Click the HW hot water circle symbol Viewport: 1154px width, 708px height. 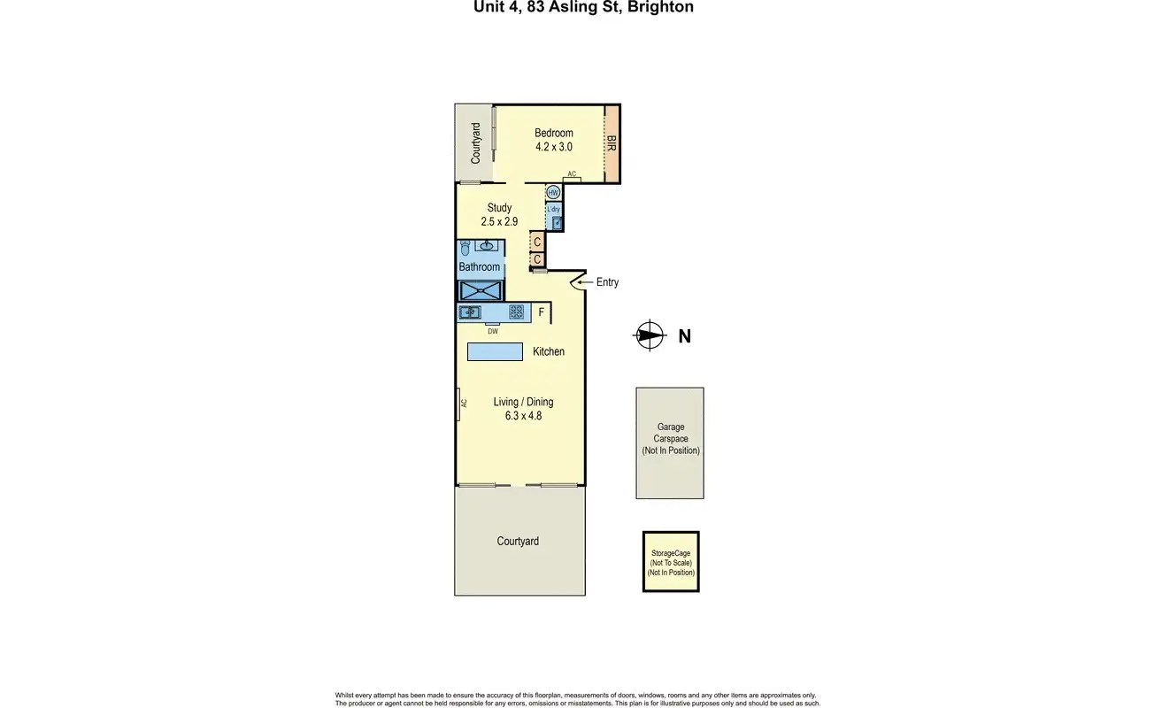tap(553, 193)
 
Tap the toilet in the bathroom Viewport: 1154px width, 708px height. tap(465, 248)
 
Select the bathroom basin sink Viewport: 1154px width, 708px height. tap(487, 246)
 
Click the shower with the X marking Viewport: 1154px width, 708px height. tap(481, 290)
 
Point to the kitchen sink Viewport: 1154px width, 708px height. tap(470, 312)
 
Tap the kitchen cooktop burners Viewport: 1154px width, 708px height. tap(516, 312)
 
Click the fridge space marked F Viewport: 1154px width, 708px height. tap(541, 312)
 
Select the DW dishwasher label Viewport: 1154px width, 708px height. tap(493, 331)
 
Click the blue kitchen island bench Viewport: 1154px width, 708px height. tap(495, 351)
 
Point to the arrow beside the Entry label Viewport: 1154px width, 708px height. tap(585, 282)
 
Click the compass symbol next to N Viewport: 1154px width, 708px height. tap(650, 335)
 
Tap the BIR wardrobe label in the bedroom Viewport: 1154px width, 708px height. tap(612, 143)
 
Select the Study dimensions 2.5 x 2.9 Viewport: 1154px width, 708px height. tap(499, 221)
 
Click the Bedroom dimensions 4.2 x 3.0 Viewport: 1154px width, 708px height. tap(554, 147)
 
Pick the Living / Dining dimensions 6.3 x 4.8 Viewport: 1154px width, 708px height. tap(523, 416)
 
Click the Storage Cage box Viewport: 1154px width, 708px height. tap(671, 562)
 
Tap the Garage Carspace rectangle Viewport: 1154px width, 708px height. tap(670, 443)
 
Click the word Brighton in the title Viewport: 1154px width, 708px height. tap(660, 7)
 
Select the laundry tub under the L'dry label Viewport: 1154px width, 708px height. tap(557, 223)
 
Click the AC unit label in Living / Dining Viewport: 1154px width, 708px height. tap(464, 404)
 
